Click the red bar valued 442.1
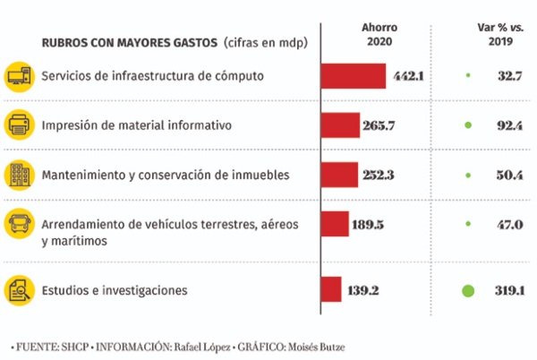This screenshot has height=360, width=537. coord(353,76)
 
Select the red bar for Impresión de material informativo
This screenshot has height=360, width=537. coord(340,125)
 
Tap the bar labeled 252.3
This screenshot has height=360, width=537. coord(338,174)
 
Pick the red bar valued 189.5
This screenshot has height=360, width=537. coord(334,224)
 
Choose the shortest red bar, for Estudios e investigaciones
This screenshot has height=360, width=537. coord(330,289)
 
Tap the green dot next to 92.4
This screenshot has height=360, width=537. coord(467,125)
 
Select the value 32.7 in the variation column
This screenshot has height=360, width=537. coord(509,77)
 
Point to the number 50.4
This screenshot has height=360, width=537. coord(509,175)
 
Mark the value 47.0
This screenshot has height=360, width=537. coord(509,225)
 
